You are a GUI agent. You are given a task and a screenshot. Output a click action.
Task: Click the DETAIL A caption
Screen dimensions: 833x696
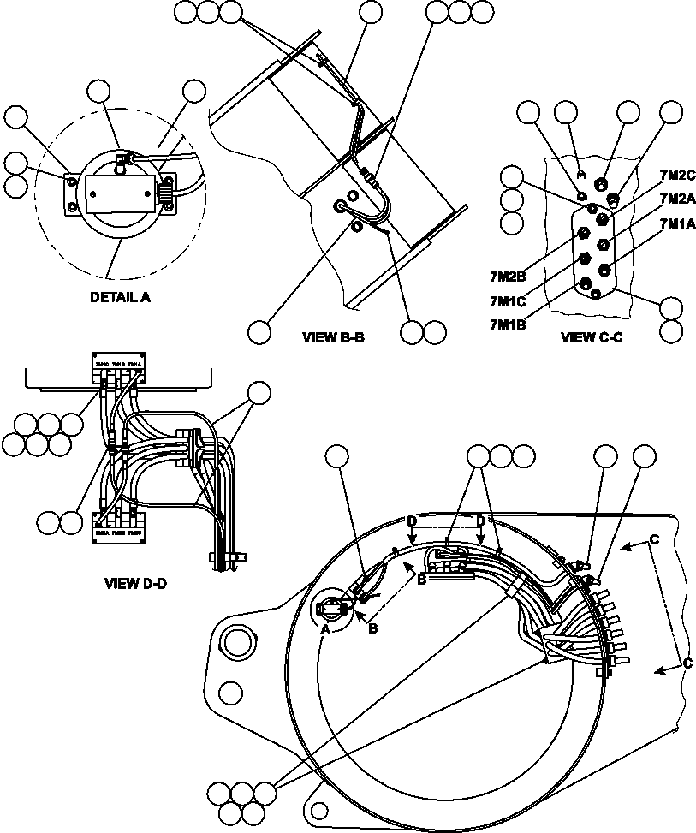pyautogui.click(x=122, y=298)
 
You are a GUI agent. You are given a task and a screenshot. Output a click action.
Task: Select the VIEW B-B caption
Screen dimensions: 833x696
pyautogui.click(x=334, y=336)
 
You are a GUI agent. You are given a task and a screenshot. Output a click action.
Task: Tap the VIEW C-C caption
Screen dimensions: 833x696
pyautogui.click(x=592, y=336)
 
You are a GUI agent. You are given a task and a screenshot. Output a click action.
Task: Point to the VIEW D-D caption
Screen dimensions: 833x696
pyautogui.click(x=134, y=584)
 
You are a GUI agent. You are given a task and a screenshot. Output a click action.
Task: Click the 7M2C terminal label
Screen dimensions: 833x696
pyautogui.click(x=677, y=175)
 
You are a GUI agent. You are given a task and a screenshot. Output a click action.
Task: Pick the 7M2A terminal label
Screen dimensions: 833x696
pyautogui.click(x=677, y=199)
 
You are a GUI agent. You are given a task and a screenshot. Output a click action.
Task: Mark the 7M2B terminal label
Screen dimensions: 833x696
pyautogui.click(x=507, y=277)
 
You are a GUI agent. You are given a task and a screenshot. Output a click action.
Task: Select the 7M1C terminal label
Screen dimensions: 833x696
pyautogui.click(x=507, y=300)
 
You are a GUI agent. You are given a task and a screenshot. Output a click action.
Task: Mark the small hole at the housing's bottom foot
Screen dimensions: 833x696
pyautogui.click(x=318, y=809)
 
